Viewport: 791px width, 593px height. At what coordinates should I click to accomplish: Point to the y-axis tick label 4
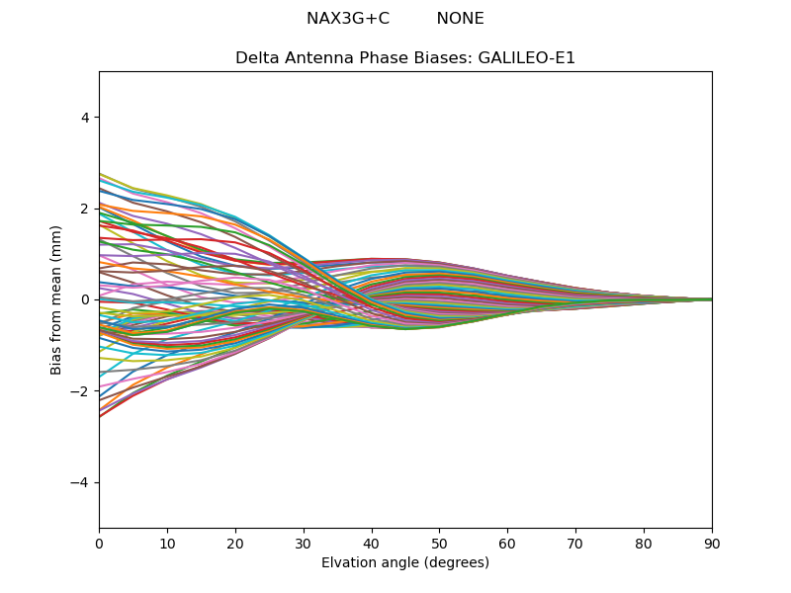click(85, 118)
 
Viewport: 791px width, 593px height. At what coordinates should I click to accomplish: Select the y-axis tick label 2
click(85, 209)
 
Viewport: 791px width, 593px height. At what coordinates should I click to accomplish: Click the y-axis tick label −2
click(81, 391)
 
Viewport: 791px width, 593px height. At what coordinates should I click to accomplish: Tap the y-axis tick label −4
click(81, 482)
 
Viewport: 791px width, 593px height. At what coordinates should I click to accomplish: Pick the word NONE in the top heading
click(460, 19)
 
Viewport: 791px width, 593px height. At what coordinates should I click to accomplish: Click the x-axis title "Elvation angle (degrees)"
click(405, 563)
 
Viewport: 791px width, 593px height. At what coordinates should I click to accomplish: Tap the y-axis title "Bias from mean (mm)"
click(57, 298)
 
